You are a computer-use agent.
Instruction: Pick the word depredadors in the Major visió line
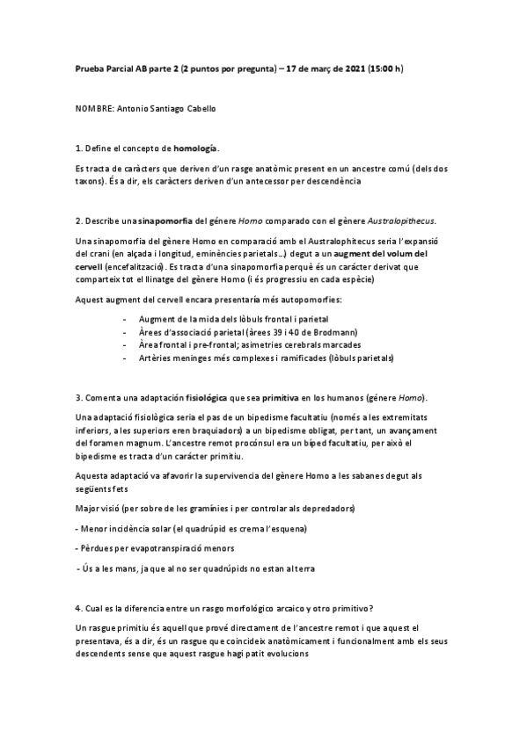click(324, 510)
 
